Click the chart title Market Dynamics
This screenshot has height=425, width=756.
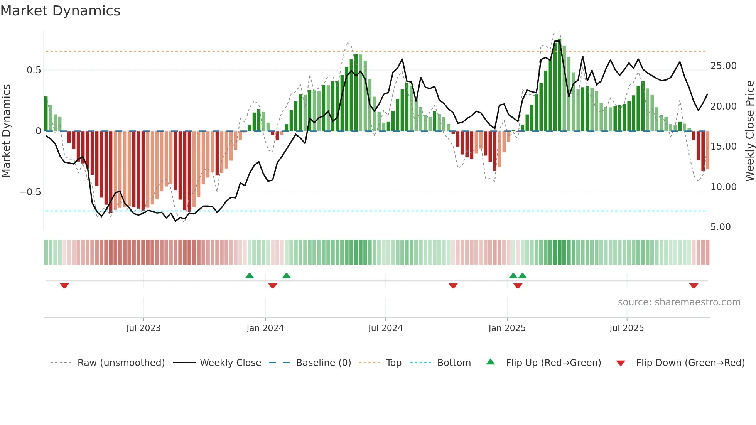tap(60, 11)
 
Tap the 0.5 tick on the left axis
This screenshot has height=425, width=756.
tap(34, 70)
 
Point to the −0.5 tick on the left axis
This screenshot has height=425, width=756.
tap(30, 192)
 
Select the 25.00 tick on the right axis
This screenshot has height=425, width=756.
tap(723, 66)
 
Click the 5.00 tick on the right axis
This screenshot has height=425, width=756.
tap(720, 227)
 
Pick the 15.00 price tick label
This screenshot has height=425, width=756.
tap(723, 147)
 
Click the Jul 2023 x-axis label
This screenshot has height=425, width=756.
tap(143, 328)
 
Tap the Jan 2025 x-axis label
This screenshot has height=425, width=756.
tap(507, 328)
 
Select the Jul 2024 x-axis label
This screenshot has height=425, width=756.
tap(385, 328)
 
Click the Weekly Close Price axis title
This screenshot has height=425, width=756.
tap(749, 131)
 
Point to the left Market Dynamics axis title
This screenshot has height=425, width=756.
tap(6, 131)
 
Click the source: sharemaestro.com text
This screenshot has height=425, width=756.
tap(679, 302)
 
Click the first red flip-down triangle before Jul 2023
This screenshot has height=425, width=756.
tap(64, 286)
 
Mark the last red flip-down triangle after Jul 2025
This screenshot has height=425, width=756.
tap(694, 286)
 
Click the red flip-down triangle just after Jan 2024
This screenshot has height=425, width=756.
tap(273, 286)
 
